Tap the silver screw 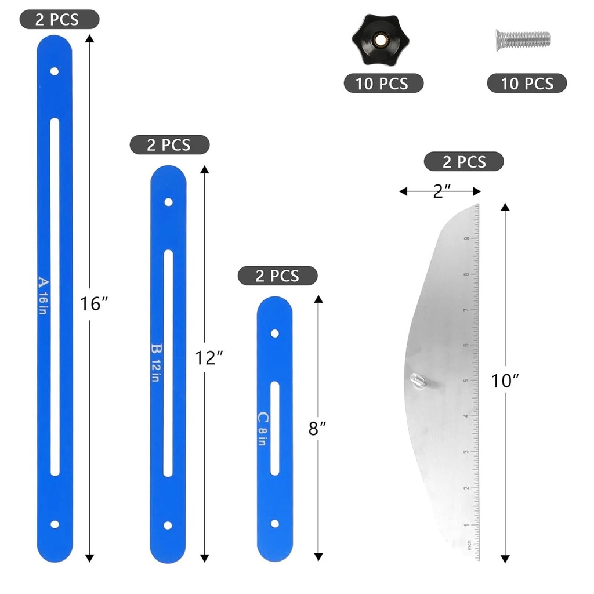click(x=522, y=39)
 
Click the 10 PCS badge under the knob click(x=383, y=83)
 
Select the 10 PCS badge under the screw click(x=526, y=83)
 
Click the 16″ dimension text click(x=96, y=303)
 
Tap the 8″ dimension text click(x=317, y=429)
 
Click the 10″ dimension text click(x=505, y=381)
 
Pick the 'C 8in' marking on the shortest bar click(x=263, y=428)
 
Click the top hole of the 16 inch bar click(x=54, y=71)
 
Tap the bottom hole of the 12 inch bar click(x=168, y=526)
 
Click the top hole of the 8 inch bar click(x=274, y=334)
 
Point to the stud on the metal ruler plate click(x=418, y=380)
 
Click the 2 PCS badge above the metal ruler click(x=463, y=161)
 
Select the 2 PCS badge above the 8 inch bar click(x=277, y=276)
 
